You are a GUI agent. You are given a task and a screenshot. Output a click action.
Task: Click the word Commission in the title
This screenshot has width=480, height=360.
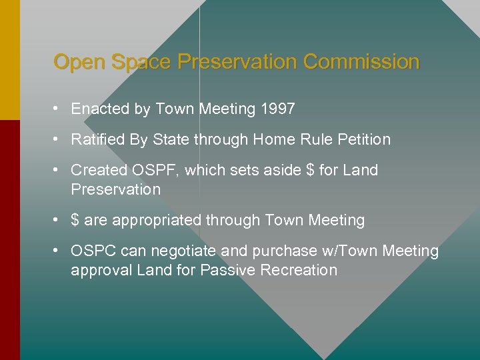(361, 62)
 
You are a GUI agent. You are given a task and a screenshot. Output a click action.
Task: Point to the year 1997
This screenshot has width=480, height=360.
(278, 109)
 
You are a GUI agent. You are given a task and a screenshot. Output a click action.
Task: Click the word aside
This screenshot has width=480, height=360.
(279, 170)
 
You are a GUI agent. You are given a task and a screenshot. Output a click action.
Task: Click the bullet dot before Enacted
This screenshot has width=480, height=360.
(59, 109)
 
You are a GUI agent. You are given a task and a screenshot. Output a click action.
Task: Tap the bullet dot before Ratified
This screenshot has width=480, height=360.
(59, 139)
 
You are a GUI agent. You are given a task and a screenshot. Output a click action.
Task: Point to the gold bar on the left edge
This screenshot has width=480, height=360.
(9, 60)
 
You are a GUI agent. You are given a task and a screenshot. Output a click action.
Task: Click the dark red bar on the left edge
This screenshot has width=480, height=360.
(9, 240)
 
